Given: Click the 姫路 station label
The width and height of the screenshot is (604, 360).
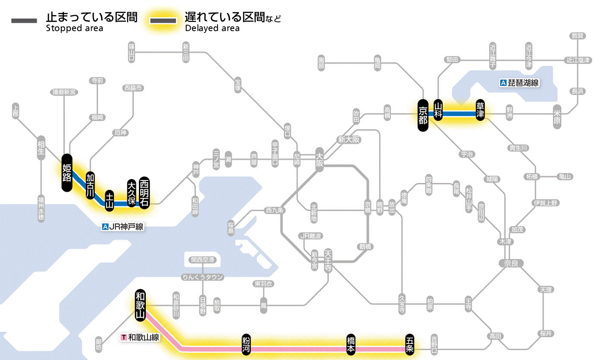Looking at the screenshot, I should click(x=67, y=173).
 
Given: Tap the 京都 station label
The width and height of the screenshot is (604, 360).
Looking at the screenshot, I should click(x=423, y=115).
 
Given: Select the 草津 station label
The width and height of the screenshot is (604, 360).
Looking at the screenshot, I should click(x=480, y=110).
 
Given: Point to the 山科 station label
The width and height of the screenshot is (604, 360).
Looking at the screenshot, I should click(x=438, y=110).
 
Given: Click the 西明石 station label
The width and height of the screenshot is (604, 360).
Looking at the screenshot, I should click(x=144, y=193).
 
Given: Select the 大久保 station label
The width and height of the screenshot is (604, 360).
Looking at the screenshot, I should click(x=132, y=193).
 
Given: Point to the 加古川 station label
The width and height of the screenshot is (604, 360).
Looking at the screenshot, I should click(x=90, y=186).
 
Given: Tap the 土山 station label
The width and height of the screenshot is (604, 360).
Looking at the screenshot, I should click(x=110, y=200).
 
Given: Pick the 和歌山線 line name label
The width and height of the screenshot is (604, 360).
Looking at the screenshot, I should click(x=141, y=337).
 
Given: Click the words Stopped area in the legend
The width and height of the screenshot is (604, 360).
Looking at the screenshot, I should click(x=74, y=28).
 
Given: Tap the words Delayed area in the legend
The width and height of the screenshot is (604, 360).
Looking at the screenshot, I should click(x=212, y=28).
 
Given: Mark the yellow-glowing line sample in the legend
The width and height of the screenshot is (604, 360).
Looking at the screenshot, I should click(x=163, y=21).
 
